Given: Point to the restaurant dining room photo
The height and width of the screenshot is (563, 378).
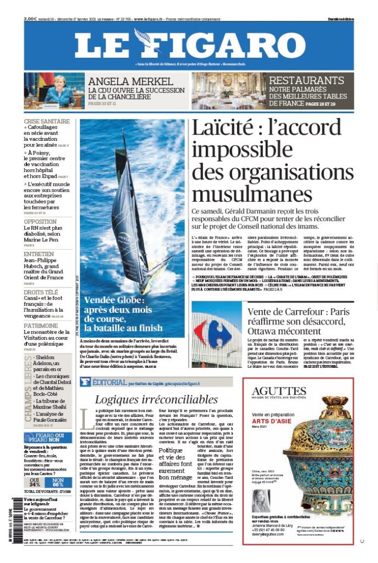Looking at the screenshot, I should [228, 91].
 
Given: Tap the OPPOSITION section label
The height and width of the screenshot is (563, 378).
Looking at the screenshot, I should [40, 222].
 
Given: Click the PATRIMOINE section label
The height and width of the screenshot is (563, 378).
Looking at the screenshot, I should [41, 325].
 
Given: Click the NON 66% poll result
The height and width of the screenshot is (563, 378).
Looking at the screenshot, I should [58, 482].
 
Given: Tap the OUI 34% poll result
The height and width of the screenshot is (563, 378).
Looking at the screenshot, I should [34, 482].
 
